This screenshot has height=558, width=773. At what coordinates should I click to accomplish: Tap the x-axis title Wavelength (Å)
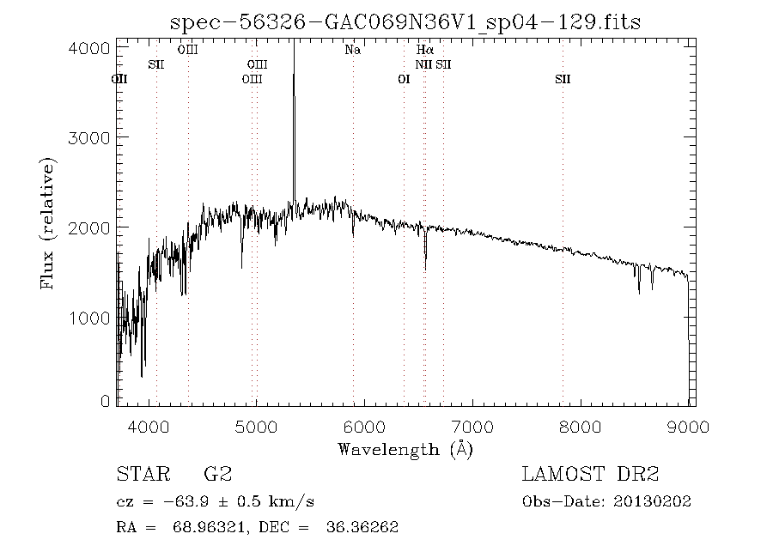[405, 448]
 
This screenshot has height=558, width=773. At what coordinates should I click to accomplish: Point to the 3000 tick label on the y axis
[88, 137]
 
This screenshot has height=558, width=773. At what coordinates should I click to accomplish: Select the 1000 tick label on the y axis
[88, 318]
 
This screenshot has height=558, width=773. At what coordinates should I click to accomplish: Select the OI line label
[404, 79]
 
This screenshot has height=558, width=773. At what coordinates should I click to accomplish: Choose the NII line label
[423, 65]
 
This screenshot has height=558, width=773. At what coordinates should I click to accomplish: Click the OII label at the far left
[120, 79]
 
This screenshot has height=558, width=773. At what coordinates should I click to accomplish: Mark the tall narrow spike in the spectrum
[294, 103]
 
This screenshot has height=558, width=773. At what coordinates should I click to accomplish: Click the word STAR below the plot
[140, 474]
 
